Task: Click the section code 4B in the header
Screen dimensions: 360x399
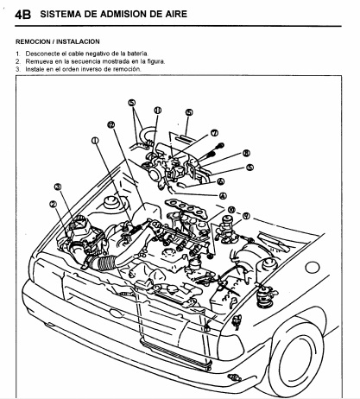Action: click(x=23, y=15)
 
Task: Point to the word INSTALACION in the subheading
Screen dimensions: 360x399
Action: click(x=78, y=41)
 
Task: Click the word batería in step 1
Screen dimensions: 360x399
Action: click(x=137, y=54)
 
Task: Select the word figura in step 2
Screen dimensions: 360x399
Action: click(x=155, y=61)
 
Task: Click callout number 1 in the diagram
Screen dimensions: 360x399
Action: click(x=95, y=141)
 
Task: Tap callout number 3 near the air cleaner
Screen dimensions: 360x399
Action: click(x=58, y=187)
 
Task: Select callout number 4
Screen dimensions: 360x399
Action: click(x=223, y=196)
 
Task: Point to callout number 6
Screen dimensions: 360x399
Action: click(x=221, y=181)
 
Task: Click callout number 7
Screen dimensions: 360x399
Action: click(x=214, y=133)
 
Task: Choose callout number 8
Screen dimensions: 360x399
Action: click(x=246, y=153)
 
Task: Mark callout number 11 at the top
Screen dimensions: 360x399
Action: click(x=157, y=111)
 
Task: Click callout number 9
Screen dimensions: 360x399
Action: click(x=246, y=216)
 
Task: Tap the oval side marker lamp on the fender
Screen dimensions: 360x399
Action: click(x=313, y=268)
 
